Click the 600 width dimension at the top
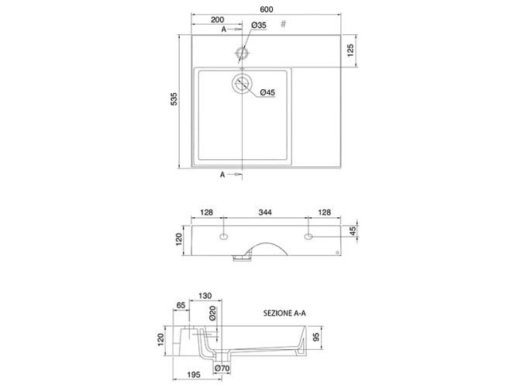(x=267, y=9)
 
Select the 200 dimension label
(x=217, y=20)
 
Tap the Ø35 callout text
(x=259, y=25)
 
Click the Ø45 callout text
(x=267, y=92)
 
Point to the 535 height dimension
(x=174, y=99)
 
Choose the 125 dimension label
(x=350, y=50)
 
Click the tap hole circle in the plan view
(x=243, y=53)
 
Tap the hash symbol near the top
(x=283, y=24)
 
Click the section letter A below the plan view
(x=222, y=175)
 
